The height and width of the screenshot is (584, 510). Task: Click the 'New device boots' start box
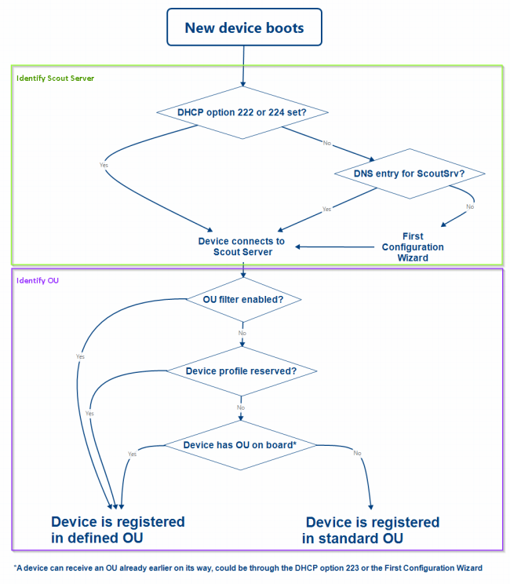pyautogui.click(x=244, y=29)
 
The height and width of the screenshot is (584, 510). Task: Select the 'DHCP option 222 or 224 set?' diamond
pyautogui.click(x=242, y=112)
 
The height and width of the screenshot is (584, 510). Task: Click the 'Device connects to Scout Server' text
pyautogui.click(x=241, y=246)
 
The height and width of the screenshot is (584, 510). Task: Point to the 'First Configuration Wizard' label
pyautogui.click(x=412, y=246)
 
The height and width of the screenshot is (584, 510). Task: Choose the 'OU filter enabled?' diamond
pyautogui.click(x=242, y=299)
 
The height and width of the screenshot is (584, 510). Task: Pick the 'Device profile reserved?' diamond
pyautogui.click(x=241, y=370)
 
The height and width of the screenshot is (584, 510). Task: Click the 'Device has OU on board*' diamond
pyautogui.click(x=239, y=444)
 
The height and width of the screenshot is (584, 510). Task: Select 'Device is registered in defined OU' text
pyautogui.click(x=118, y=530)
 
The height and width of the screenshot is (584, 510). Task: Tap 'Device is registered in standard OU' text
pyautogui.click(x=371, y=530)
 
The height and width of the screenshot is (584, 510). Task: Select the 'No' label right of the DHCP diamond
pyautogui.click(x=327, y=143)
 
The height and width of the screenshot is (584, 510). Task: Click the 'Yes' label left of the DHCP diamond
pyautogui.click(x=104, y=165)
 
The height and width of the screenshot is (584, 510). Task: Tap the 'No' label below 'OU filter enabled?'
pyautogui.click(x=242, y=333)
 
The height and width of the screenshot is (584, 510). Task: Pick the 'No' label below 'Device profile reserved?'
pyautogui.click(x=241, y=407)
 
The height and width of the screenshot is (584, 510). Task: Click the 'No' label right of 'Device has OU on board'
pyautogui.click(x=357, y=453)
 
